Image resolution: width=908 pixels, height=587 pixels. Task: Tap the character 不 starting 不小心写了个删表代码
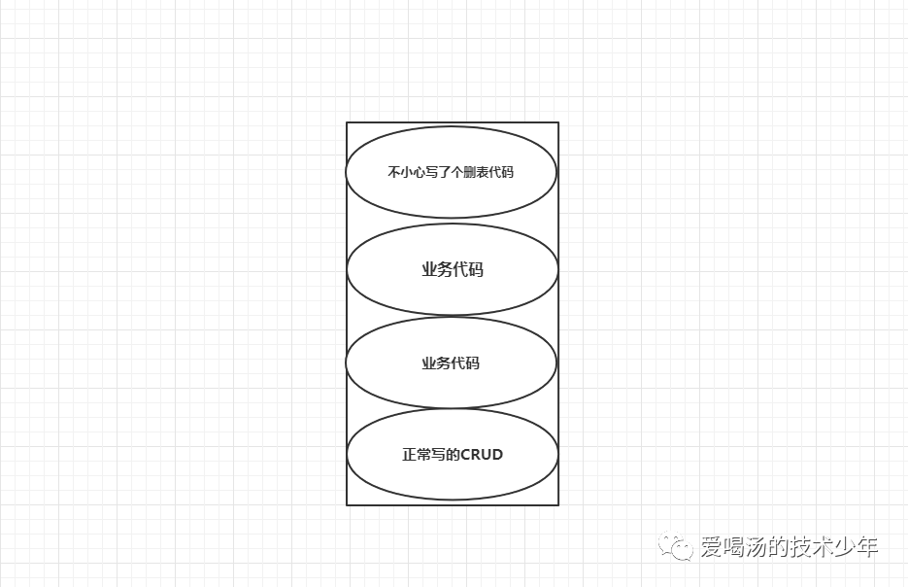pos(393,173)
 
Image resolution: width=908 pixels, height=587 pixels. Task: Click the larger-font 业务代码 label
pos(452,270)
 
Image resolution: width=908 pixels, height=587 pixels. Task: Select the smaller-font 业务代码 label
pos(451,363)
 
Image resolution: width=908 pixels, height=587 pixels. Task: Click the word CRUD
pos(482,455)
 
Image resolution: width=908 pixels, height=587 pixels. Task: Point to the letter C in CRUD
pos(466,455)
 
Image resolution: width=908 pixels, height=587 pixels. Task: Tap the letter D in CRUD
pos(497,455)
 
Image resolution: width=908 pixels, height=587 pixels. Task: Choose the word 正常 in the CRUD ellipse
pos(416,455)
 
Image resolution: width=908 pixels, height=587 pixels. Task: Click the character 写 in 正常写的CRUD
pos(436,455)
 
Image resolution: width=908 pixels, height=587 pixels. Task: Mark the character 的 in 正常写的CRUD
pos(451,455)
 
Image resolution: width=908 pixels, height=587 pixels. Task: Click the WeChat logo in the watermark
pos(677,546)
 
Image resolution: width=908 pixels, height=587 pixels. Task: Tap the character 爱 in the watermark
pos(711,547)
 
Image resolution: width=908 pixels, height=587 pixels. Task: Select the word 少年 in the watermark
pos(858,547)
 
